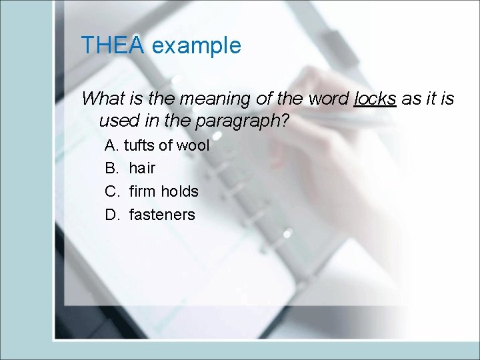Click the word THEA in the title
point(113,46)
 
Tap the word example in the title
point(196,46)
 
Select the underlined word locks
point(375,99)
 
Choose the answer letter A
point(111,145)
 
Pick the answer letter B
point(111,169)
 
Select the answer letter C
point(111,191)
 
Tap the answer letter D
point(111,215)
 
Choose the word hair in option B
point(142,169)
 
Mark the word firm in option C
point(142,191)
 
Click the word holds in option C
point(179,191)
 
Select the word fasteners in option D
point(162,215)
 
